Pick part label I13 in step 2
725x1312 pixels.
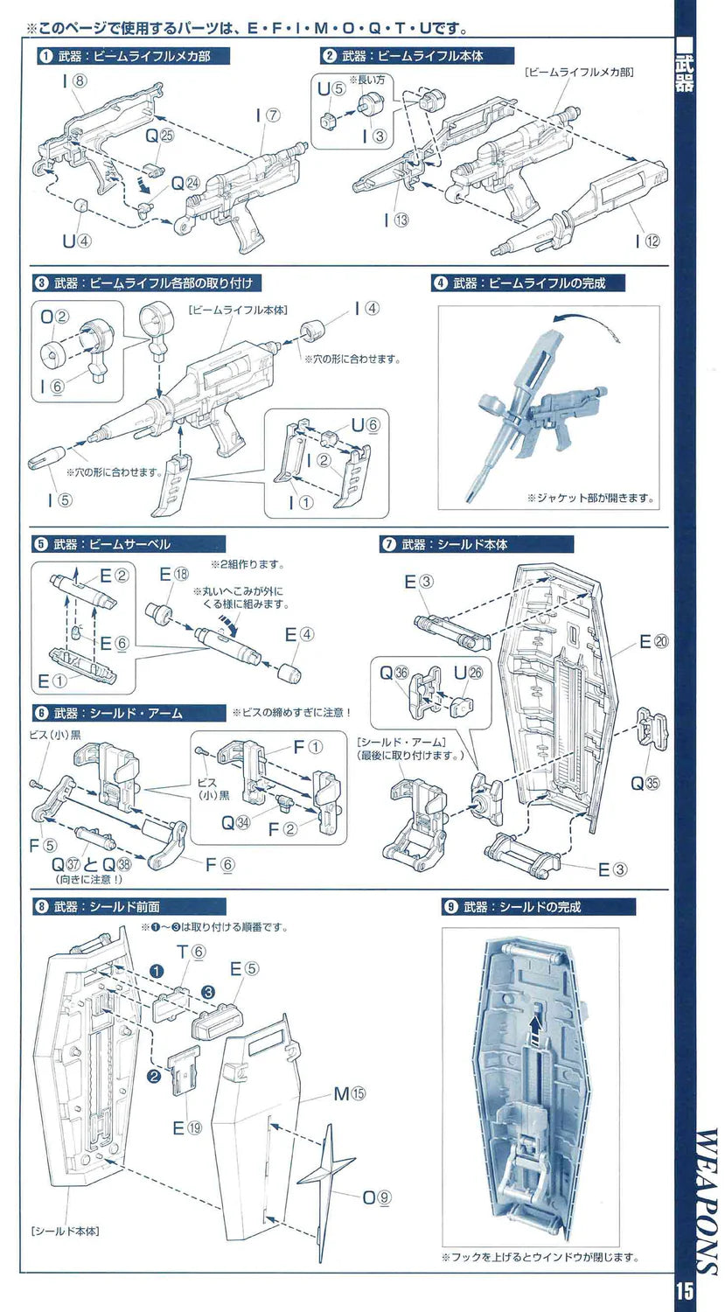click(x=394, y=220)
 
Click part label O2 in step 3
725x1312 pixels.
click(x=54, y=317)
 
